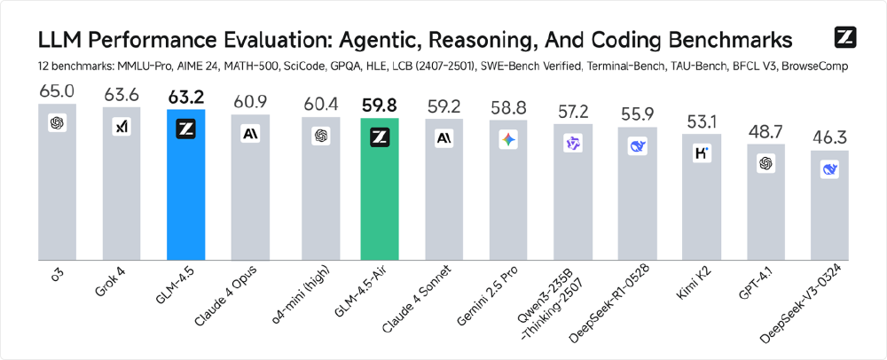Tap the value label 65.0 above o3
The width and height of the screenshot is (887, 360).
tap(57, 91)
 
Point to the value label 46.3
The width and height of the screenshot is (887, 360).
tap(830, 137)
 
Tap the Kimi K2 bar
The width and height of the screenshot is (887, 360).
tap(702, 204)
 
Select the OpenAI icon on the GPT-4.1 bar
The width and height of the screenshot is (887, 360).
tap(765, 163)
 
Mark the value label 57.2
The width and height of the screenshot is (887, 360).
tap(572, 111)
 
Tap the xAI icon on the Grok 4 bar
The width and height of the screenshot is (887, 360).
tap(122, 127)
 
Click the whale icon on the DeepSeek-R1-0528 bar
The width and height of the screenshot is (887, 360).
tap(637, 147)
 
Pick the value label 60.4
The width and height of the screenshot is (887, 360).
tap(316, 103)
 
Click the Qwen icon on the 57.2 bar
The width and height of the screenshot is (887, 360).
tap(572, 144)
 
